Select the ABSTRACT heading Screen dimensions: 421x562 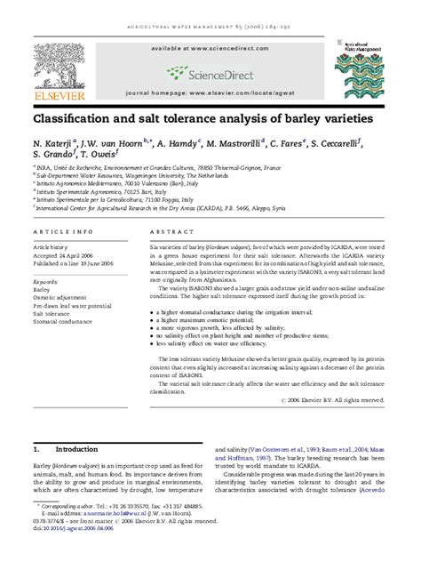(167, 229)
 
